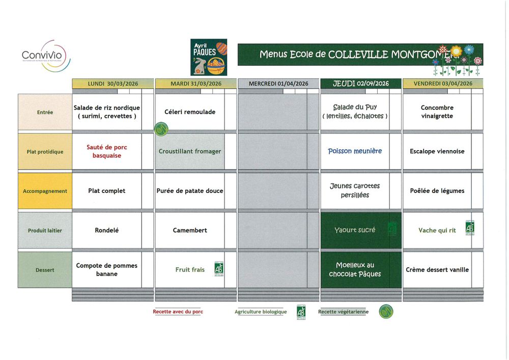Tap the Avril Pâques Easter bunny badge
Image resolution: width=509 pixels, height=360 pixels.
(x=209, y=57)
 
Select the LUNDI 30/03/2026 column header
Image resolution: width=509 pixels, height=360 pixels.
(x=112, y=84)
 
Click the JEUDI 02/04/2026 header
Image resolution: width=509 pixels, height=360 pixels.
(x=361, y=84)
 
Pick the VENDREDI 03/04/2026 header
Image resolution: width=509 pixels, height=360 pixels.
(x=443, y=84)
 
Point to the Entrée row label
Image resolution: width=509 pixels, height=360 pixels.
(x=45, y=112)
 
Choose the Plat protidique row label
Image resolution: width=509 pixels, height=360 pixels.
(x=45, y=151)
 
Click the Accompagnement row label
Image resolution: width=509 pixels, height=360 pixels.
(x=45, y=191)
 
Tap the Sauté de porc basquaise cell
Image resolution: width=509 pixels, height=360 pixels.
(x=107, y=151)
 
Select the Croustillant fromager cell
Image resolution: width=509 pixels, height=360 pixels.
(x=190, y=151)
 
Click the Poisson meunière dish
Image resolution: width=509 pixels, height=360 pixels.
(x=355, y=151)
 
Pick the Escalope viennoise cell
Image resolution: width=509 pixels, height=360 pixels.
(x=437, y=151)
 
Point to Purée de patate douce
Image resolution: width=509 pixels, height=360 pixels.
(x=190, y=191)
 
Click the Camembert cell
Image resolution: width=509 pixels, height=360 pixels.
(x=190, y=230)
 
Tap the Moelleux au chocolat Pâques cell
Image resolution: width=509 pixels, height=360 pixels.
(x=355, y=269)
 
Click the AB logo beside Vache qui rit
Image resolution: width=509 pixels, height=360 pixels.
(x=469, y=228)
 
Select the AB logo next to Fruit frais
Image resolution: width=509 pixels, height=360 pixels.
(x=218, y=268)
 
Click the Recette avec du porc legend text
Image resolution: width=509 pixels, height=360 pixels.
(x=178, y=312)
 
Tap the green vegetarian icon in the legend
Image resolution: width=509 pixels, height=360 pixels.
(x=386, y=311)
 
